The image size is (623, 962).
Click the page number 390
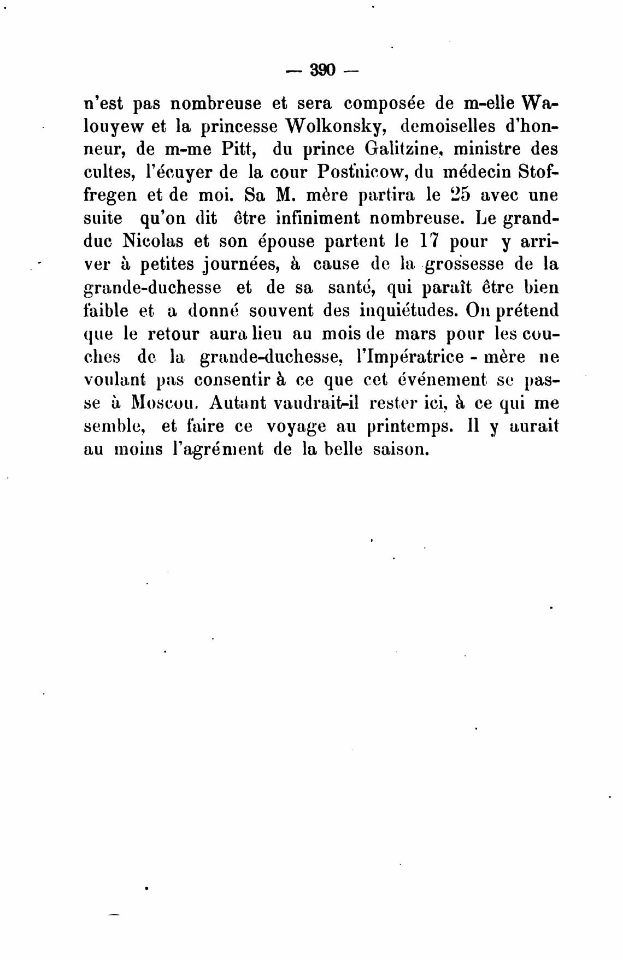[x=322, y=70]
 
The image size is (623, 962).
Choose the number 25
[x=441, y=195]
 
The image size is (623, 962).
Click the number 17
[x=430, y=241]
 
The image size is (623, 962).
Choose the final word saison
[x=398, y=449]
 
